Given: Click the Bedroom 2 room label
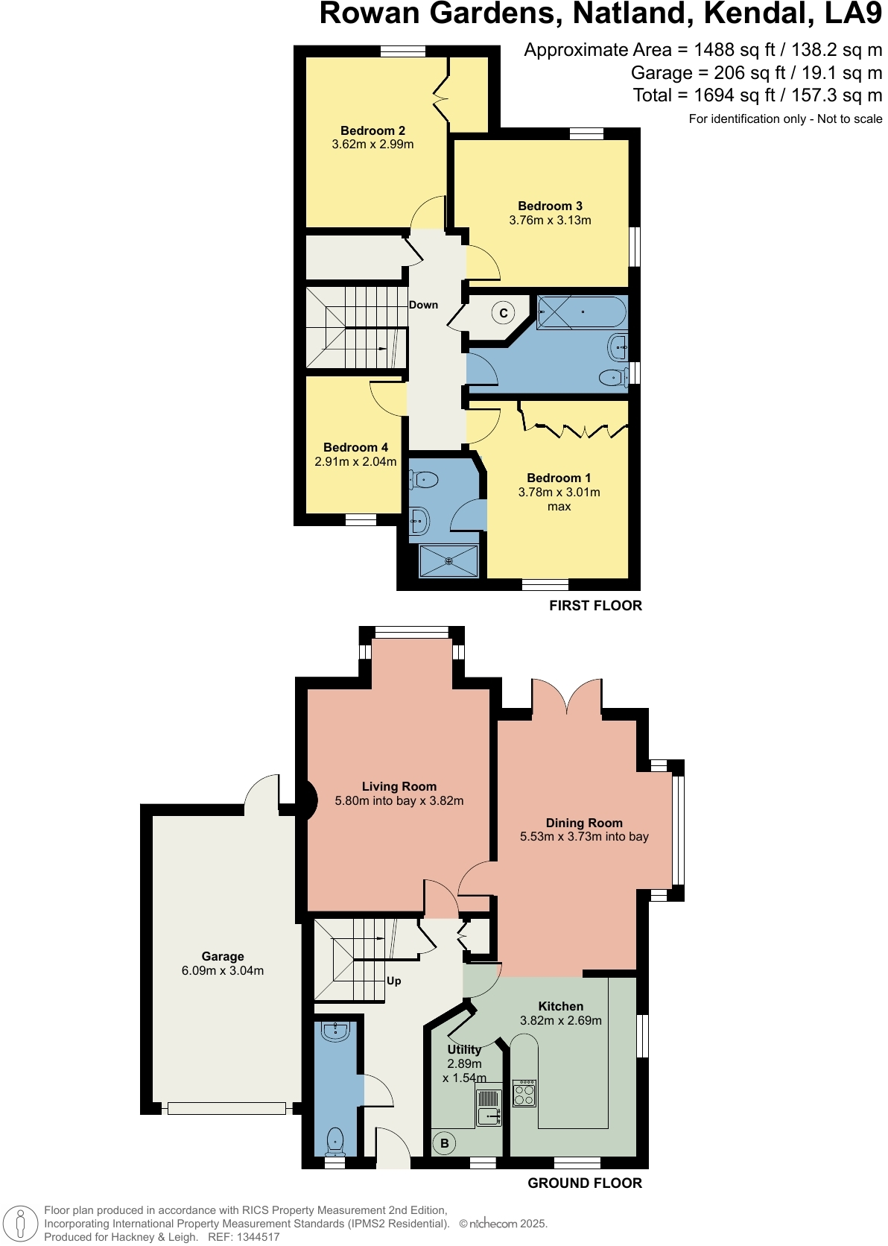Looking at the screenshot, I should (x=372, y=130).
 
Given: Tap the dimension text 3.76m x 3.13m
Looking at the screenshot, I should (x=550, y=220).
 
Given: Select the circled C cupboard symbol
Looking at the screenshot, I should (x=504, y=313).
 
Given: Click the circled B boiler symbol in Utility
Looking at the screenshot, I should (x=445, y=1143).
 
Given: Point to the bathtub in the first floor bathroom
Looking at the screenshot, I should (x=582, y=312).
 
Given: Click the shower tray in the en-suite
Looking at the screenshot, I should (x=448, y=561).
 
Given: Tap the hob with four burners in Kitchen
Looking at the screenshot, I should (x=524, y=1093).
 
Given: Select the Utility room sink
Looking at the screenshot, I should (x=489, y=1116).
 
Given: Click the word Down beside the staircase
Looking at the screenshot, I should (x=423, y=305).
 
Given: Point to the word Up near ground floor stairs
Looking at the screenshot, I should (x=393, y=981).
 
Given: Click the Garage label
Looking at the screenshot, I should (x=222, y=956).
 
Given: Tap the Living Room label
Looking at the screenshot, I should (x=399, y=786).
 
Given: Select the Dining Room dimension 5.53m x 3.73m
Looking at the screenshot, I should (x=584, y=837).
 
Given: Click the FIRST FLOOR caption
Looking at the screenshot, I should (x=595, y=605).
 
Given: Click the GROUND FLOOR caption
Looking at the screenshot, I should (x=584, y=1183).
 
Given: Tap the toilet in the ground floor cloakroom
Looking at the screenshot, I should (x=335, y=1141).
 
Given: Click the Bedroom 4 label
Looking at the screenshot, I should (x=355, y=447).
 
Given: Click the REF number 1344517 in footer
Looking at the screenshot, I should (x=258, y=1237).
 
